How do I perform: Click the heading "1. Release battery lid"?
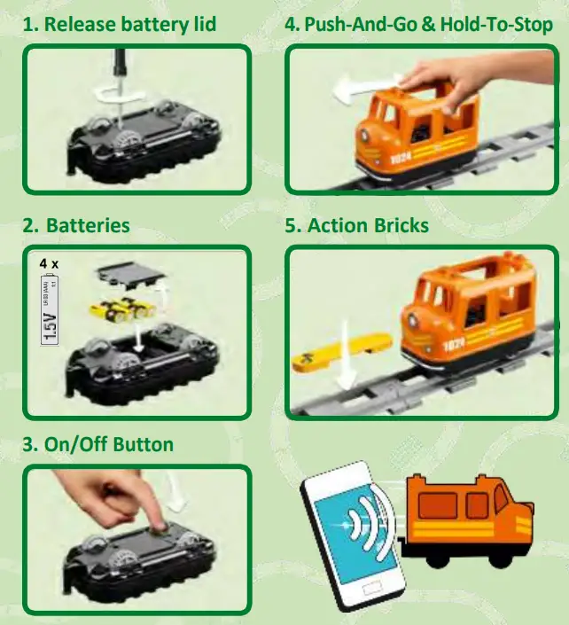pyautogui.click(x=119, y=24)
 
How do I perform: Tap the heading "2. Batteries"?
pyautogui.click(x=76, y=225)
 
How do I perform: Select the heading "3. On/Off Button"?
pyautogui.click(x=97, y=443)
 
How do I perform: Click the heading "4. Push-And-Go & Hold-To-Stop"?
pyautogui.click(x=417, y=24)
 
